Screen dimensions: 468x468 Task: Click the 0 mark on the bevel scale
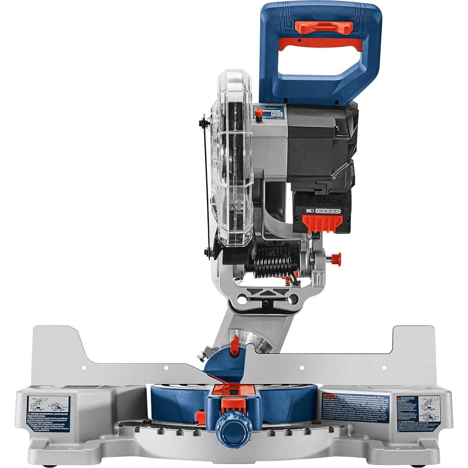[235, 332]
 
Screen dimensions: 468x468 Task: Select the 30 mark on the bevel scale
[258, 339]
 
